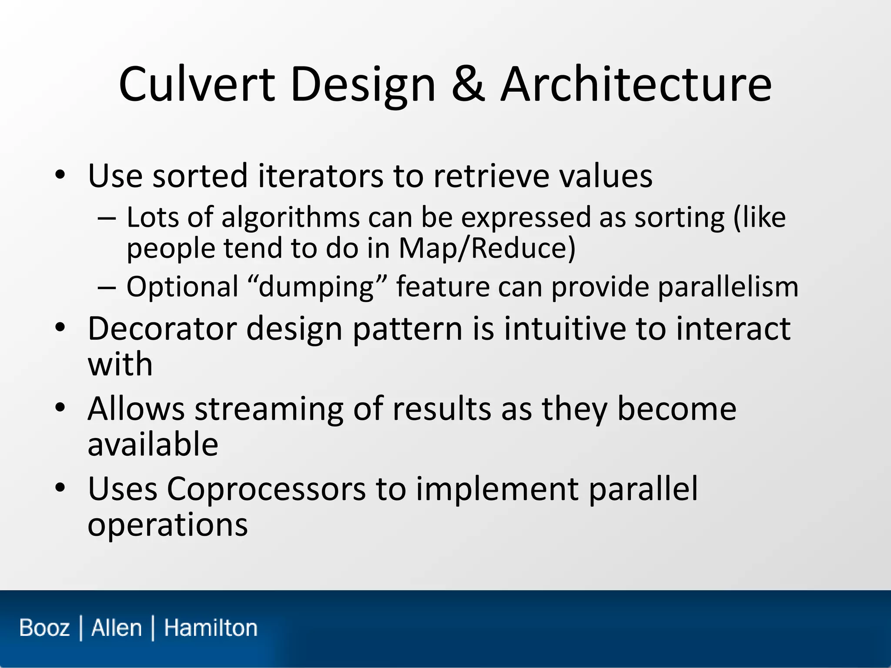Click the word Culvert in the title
tap(197, 85)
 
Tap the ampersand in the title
tap(468, 85)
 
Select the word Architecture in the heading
tap(636, 85)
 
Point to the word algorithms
tap(290, 217)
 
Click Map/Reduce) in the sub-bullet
tap(487, 248)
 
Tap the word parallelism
tap(728, 287)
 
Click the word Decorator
tap(162, 329)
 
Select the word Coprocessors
tap(266, 489)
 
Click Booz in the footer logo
tap(44, 628)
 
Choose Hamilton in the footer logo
tap(211, 628)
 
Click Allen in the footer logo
tap(116, 628)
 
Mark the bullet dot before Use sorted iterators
tap(60, 176)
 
